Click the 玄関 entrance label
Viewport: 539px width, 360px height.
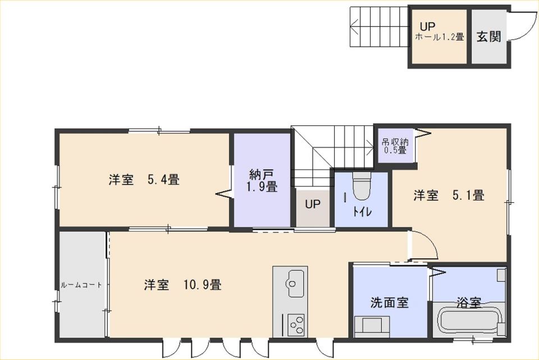[x=489, y=37]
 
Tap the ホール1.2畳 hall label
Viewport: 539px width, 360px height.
[x=440, y=37]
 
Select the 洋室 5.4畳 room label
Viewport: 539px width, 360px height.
[x=144, y=180]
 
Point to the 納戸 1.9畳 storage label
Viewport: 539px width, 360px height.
[x=263, y=180]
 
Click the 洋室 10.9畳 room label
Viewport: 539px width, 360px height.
[x=182, y=285]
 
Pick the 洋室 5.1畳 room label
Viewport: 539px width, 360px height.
[x=449, y=195]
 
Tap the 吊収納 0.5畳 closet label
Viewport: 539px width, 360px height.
[x=395, y=146]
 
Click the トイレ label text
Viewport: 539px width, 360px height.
[x=362, y=212]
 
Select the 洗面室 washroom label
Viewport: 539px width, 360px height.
[x=390, y=302]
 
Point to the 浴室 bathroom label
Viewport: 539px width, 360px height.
[x=468, y=302]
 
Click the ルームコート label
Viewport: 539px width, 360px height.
[x=81, y=285]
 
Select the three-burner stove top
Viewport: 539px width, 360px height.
[x=296, y=325]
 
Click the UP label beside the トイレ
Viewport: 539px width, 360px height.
[x=313, y=204]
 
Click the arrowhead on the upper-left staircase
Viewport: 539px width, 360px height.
[x=354, y=26]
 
